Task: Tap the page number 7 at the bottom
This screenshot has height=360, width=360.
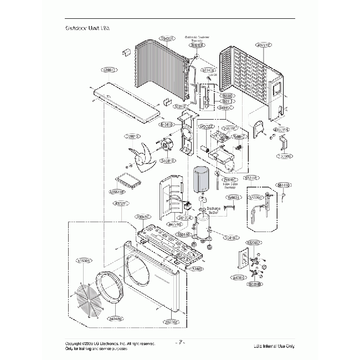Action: click(180, 343)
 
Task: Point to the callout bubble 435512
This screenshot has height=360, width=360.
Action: click(110, 70)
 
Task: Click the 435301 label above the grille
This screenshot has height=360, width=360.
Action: click(85, 260)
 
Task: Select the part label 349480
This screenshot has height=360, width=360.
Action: click(116, 319)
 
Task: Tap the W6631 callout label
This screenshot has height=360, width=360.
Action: click(233, 197)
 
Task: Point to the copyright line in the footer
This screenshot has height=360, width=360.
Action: click(110, 343)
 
